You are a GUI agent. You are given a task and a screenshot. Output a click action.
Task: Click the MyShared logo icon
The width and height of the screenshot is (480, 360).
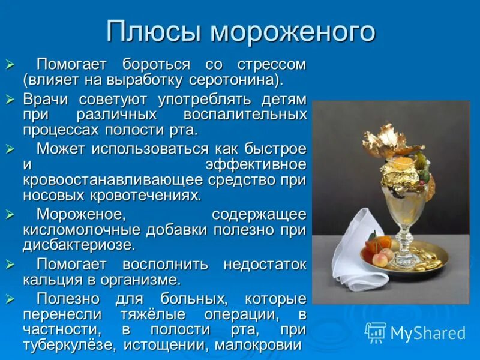pos(376,332)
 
